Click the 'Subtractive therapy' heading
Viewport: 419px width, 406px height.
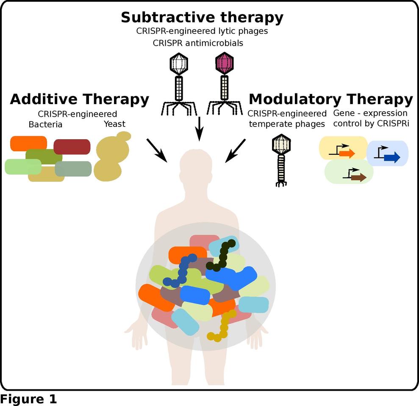tap(202, 18)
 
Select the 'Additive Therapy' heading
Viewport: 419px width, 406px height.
tap(79, 99)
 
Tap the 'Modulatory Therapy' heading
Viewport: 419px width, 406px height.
tap(330, 99)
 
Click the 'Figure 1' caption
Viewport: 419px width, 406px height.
tap(28, 399)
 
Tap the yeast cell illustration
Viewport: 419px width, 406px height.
tap(110, 157)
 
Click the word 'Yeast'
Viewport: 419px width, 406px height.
tap(114, 124)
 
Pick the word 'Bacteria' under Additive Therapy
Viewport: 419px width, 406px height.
tap(45, 124)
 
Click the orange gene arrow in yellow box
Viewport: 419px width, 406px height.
tap(347, 153)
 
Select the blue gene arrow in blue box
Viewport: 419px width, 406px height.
tap(392, 157)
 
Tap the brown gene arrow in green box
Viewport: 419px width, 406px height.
tap(358, 177)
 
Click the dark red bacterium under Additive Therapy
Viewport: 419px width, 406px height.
tap(72, 146)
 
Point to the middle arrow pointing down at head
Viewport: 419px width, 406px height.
tap(199, 129)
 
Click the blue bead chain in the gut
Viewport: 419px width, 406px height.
tap(182, 271)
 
